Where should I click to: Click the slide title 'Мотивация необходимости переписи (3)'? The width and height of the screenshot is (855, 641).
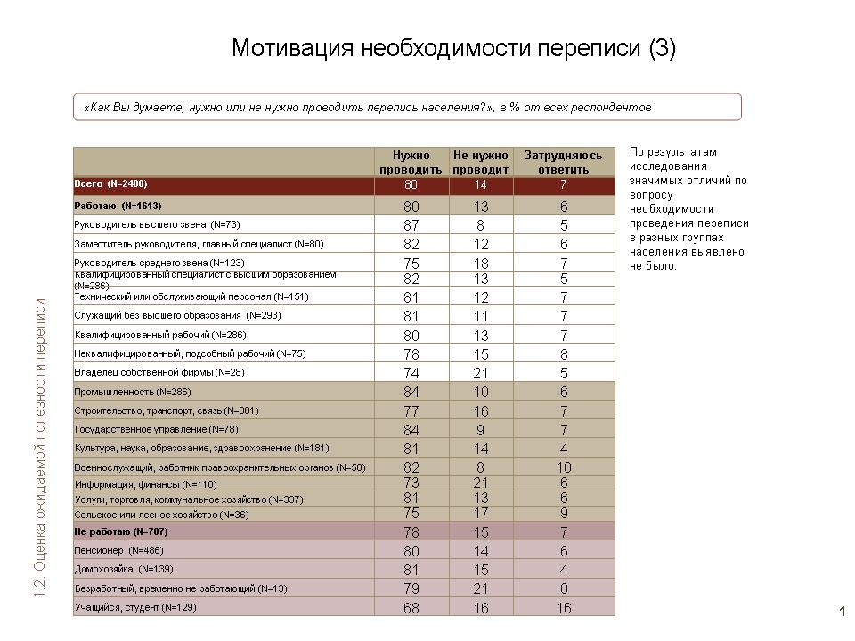pos(453,48)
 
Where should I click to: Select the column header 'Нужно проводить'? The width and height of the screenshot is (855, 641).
pos(411,162)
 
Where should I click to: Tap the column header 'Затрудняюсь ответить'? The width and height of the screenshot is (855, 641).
pos(563,162)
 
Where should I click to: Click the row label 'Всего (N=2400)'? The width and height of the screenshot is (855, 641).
pos(110,183)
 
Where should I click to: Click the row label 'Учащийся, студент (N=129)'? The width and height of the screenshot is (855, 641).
pos(135,607)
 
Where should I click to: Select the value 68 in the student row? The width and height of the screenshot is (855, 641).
pos(411,607)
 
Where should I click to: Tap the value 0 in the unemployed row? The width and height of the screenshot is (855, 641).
pos(563,588)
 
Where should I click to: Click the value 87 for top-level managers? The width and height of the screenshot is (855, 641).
pos(411,225)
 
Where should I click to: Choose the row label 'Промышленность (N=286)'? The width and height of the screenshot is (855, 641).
pos(133,392)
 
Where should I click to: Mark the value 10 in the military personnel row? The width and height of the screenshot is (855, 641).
pos(563,467)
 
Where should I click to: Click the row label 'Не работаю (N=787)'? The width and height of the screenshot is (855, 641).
pos(121,531)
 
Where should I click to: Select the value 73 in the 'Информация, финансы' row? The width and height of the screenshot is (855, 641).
pos(411,483)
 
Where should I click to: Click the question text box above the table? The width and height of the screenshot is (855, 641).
pos(407,107)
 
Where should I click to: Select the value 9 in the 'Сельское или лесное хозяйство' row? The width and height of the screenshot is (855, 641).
pos(563,514)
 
